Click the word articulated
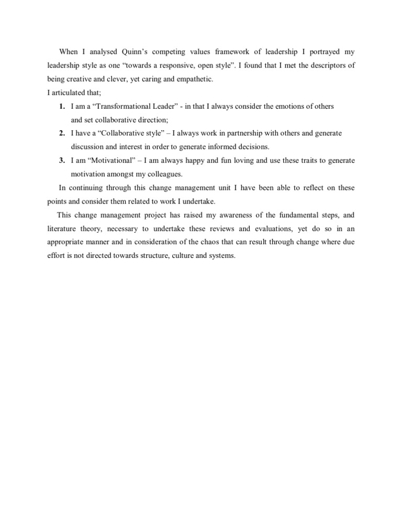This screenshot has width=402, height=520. (69, 93)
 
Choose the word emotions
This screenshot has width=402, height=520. (279, 106)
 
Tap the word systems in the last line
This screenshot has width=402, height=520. (222, 256)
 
